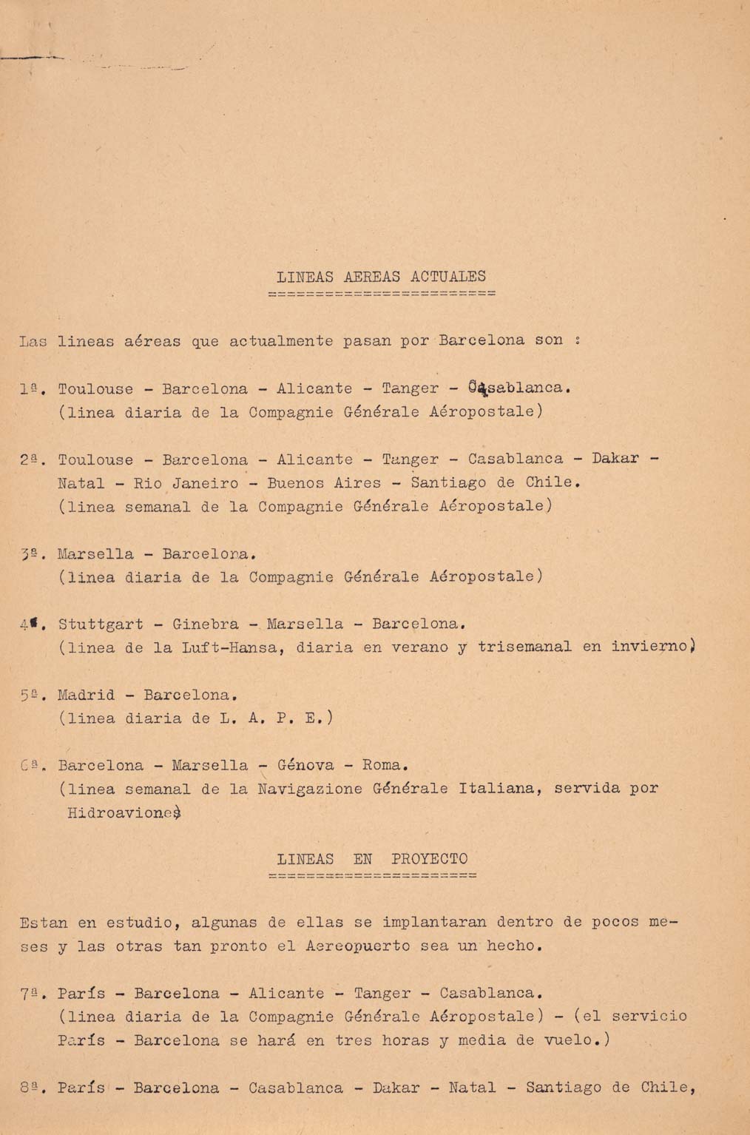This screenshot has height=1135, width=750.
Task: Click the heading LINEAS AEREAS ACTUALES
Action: (381, 277)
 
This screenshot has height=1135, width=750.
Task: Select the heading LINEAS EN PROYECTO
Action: (372, 859)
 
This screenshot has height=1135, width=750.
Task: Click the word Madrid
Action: (87, 695)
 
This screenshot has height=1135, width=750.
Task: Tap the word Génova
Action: (305, 765)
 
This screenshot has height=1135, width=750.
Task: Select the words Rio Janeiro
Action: (186, 484)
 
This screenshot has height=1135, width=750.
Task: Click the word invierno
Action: (652, 647)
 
